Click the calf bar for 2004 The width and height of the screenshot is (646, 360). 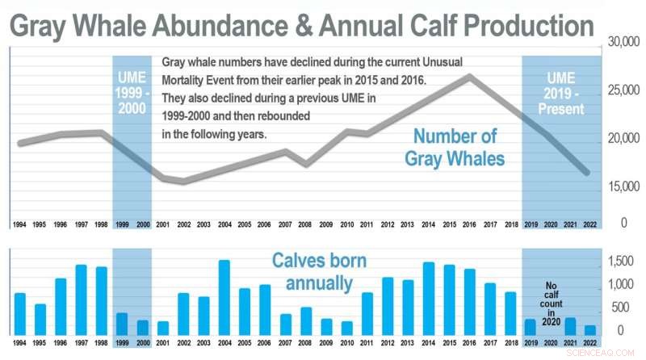224,298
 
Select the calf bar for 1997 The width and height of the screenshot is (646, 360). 82,300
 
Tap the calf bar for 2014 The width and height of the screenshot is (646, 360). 429,299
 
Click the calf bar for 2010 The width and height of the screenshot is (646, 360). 347,328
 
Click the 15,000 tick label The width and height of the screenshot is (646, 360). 619,187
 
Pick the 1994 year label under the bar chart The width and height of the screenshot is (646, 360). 20,342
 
